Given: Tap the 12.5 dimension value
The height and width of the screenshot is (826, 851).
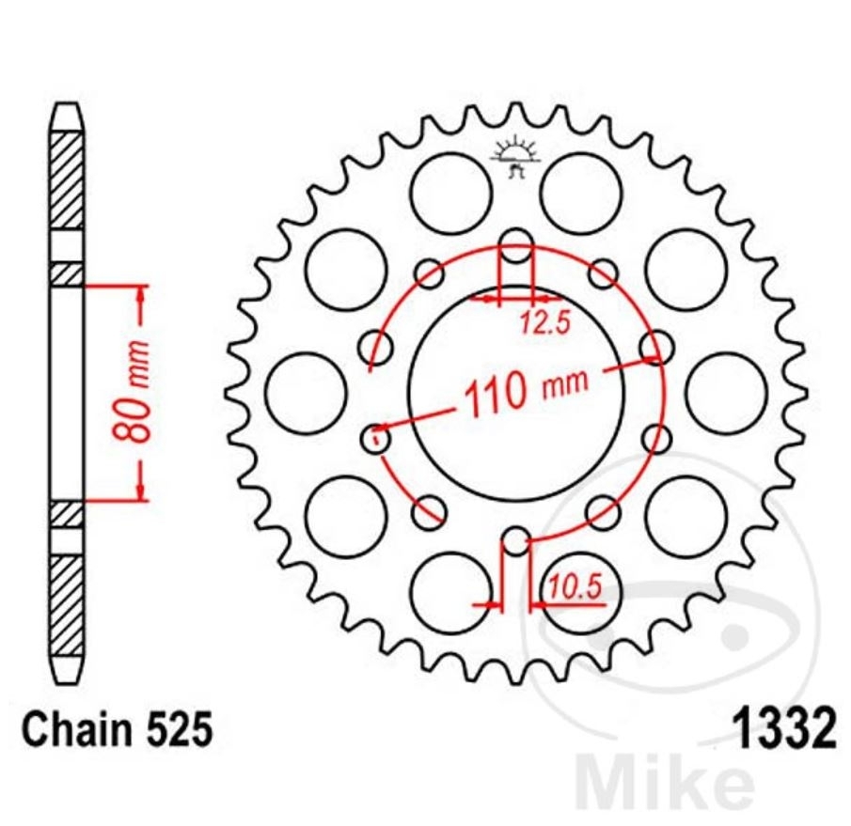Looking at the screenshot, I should click(x=545, y=323).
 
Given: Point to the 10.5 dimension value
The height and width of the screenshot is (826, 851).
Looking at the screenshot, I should click(x=575, y=588).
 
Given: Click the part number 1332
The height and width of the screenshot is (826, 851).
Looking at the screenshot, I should click(x=782, y=730).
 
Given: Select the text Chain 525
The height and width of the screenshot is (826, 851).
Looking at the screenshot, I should click(x=118, y=730).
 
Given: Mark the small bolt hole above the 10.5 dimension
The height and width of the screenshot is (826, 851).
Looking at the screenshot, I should click(x=515, y=541).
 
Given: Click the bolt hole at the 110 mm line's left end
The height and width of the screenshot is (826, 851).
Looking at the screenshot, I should click(x=377, y=438).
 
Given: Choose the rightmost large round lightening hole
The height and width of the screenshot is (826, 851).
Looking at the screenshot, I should click(x=725, y=393).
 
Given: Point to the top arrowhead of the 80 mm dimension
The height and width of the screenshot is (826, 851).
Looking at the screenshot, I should click(x=140, y=292).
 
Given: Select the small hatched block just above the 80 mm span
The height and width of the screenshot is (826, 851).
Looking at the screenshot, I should click(x=67, y=273).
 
